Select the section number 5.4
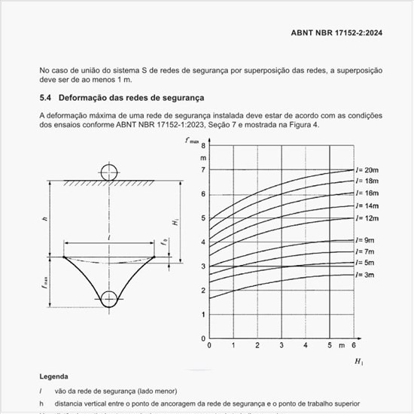click(x=46, y=98)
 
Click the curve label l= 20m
click(x=367, y=170)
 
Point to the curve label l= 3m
click(x=365, y=275)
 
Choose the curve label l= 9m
click(x=365, y=239)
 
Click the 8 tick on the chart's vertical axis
click(x=202, y=146)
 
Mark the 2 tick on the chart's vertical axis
click(x=202, y=290)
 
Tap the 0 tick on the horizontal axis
click(x=209, y=345)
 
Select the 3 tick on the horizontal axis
click(x=282, y=345)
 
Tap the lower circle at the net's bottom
click(x=110, y=299)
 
